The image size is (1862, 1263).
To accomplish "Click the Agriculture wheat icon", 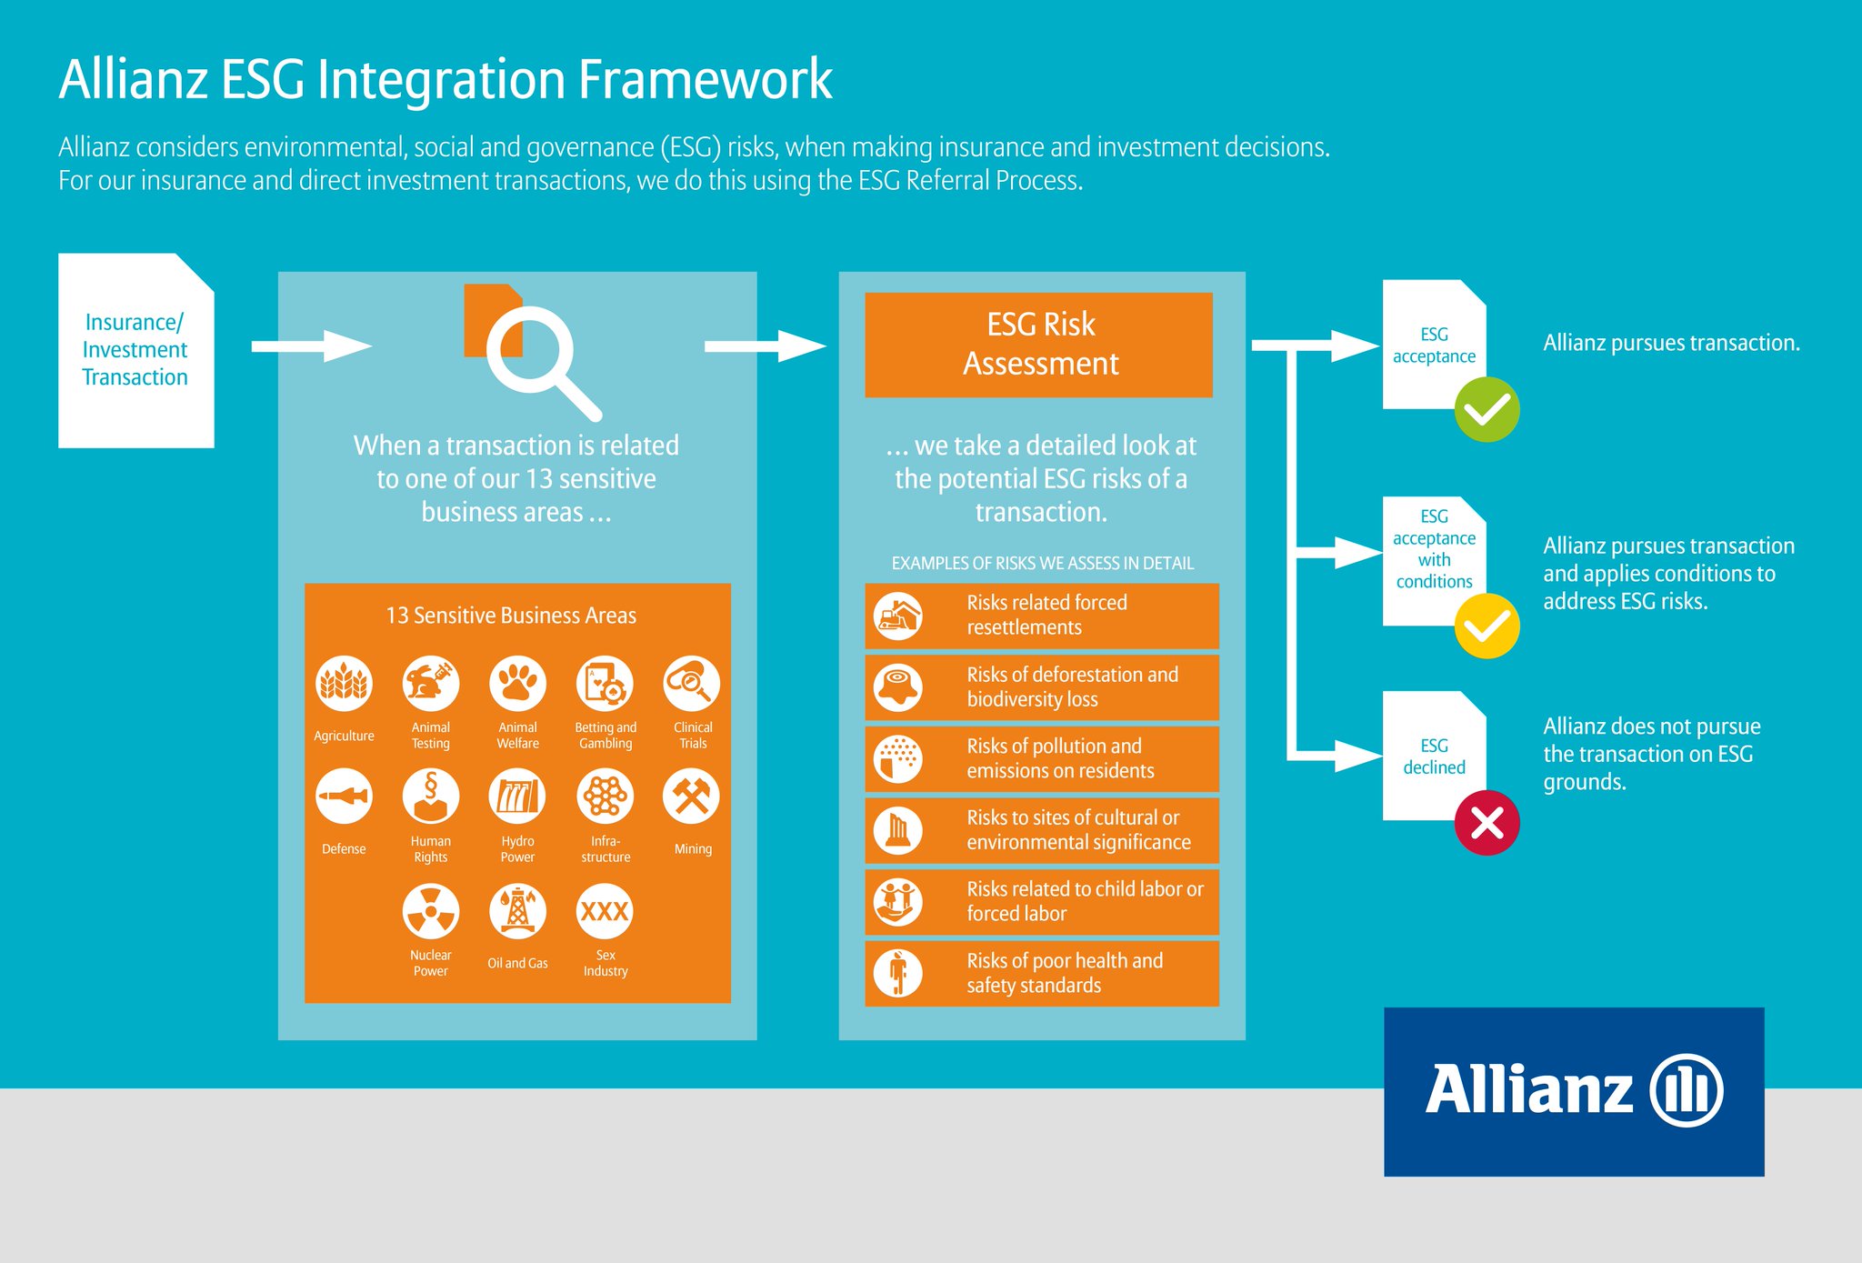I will tap(344, 683).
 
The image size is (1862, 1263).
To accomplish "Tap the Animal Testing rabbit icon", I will tap(430, 683).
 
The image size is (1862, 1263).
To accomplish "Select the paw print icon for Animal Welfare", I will tap(517, 683).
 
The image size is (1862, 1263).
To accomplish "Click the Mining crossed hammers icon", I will tap(691, 797).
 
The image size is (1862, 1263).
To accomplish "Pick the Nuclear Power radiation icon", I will tap(430, 911).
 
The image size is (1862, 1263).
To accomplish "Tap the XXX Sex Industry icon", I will tap(605, 911).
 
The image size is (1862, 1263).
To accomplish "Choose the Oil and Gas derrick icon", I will tap(517, 911).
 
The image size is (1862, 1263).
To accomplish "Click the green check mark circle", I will tap(1487, 410).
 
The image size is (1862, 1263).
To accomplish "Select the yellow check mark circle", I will tap(1487, 626).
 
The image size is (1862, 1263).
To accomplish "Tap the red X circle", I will tap(1487, 823).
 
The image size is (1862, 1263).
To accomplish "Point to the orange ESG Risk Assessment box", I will tap(1038, 345).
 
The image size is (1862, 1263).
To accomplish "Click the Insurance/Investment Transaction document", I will tap(135, 350).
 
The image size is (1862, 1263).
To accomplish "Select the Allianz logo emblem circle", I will tap(1687, 1090).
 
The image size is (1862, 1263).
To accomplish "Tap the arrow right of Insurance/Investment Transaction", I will tap(311, 346).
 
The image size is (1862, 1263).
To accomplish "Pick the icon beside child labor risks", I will tap(897, 901).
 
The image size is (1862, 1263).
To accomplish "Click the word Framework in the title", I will tap(705, 80).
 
